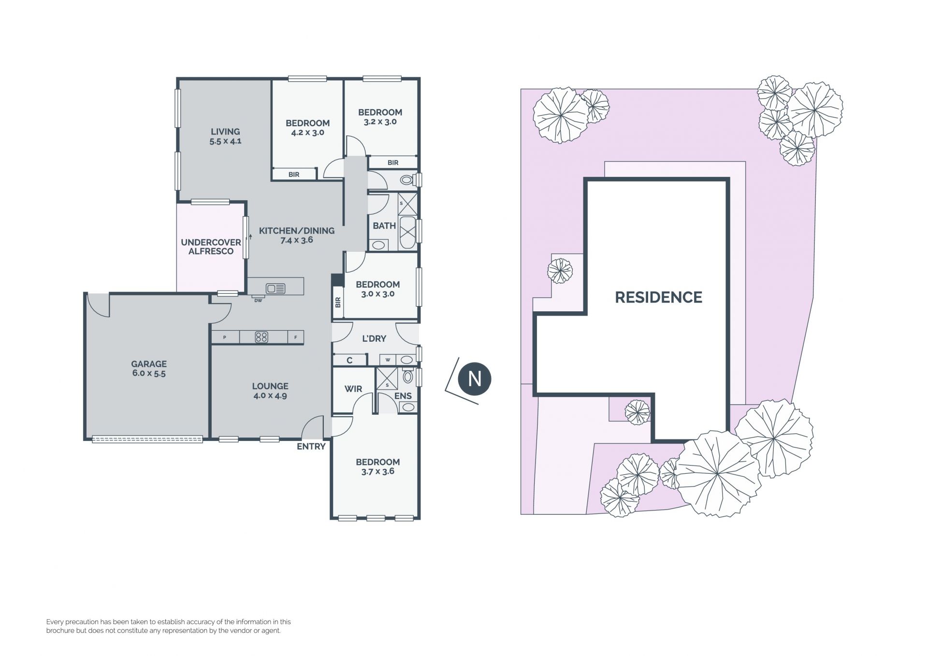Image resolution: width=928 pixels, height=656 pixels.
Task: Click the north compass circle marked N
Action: pos(475,379)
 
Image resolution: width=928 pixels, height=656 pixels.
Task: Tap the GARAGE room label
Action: pos(149,364)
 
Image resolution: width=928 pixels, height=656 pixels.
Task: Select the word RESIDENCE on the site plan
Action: pos(658,297)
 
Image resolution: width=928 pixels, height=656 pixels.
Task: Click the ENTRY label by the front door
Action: pos(311,447)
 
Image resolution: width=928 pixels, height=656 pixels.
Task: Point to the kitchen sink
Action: pos(275,289)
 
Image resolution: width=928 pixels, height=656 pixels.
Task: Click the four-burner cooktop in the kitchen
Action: pos(261,337)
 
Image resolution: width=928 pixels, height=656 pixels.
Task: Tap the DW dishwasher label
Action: pos(258,301)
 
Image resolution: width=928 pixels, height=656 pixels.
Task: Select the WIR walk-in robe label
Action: pos(353,389)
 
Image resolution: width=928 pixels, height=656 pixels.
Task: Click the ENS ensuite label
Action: pos(403,396)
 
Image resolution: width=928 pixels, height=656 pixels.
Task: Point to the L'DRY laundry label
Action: pos(374,338)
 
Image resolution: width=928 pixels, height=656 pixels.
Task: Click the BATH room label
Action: pos(384,226)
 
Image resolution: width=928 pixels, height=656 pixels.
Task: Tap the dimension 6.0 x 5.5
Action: pos(149,374)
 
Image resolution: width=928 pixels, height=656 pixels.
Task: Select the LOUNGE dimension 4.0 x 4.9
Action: pos(270,396)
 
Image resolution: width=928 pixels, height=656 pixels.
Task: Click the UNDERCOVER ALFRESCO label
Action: pos(211,247)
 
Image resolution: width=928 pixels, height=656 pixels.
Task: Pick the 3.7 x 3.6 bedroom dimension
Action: pos(377,472)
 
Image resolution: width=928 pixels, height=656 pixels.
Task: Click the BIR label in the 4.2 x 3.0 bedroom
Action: pos(294,175)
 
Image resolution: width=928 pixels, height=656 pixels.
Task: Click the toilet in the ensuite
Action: pos(408,377)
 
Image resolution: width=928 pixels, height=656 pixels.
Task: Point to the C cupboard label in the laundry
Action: pos(349,360)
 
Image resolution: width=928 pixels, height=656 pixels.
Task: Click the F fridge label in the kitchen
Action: pos(296,338)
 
